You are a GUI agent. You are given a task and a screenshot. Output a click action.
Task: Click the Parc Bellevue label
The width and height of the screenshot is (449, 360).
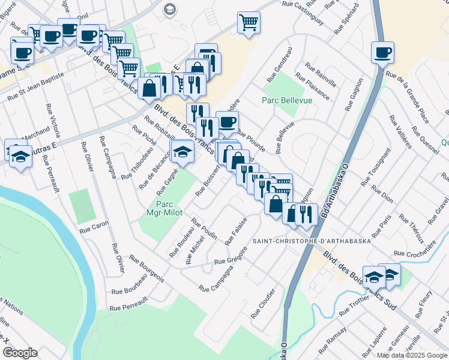point(288,100)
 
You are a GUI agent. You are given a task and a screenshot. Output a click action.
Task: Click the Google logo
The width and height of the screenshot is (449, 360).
point(20,353)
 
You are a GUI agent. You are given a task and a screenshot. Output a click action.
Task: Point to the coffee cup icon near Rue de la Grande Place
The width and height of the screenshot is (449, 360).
point(382,53)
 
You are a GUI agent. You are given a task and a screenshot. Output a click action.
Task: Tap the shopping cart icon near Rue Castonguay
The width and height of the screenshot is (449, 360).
point(249,23)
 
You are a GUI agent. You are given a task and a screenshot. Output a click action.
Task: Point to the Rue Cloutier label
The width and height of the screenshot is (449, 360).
point(264,303)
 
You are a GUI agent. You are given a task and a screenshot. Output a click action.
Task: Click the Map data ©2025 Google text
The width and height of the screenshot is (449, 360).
point(411,355)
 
